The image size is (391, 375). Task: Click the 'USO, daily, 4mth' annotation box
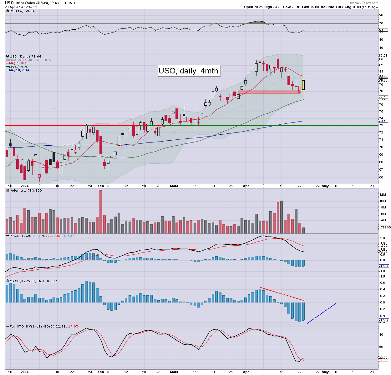click(188, 71)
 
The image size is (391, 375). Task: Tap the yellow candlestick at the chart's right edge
click(303, 85)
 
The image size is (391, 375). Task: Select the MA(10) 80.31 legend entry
click(18, 63)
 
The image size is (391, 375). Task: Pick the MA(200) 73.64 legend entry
click(19, 70)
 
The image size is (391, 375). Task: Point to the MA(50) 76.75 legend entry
click(18, 67)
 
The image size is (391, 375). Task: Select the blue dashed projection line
click(322, 313)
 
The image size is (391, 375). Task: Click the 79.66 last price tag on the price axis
click(383, 80)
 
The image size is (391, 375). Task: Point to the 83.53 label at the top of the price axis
click(383, 56)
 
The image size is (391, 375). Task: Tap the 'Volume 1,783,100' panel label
click(26, 190)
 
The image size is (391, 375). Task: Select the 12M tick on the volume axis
click(383, 195)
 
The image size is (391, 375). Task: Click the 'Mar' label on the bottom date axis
click(173, 372)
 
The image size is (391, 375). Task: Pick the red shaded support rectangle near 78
click(269, 92)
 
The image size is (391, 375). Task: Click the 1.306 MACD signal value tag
click(383, 246)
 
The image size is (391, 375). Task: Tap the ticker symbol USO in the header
click(9, 3)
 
